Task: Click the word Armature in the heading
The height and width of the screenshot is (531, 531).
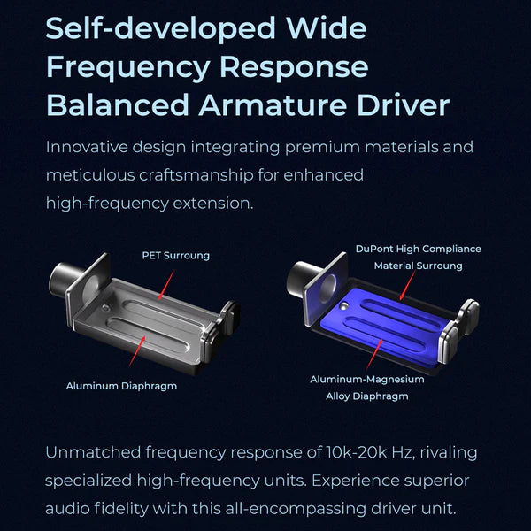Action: pos(273,104)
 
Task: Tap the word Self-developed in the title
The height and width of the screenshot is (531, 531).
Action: pos(160,28)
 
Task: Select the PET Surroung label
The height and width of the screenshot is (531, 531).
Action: pos(176,256)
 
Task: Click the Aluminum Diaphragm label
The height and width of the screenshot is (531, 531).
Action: pos(121,386)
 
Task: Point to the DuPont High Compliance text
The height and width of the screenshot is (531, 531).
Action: pos(419,249)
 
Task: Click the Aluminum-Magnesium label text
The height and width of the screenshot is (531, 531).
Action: pos(367,380)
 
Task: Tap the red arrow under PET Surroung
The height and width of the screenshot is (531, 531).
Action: pos(166,285)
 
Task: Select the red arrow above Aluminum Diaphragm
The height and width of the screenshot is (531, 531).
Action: pos(137,350)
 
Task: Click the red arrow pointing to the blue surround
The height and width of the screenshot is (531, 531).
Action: pos(407,285)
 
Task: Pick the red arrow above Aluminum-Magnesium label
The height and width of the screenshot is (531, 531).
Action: pos(375,354)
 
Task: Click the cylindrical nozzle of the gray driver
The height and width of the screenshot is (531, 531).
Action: pos(65,280)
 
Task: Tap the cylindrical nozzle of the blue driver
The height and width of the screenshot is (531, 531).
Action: pos(303,279)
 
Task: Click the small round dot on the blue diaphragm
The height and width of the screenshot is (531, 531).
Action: pos(345,306)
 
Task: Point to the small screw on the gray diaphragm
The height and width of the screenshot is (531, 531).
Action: pos(106,307)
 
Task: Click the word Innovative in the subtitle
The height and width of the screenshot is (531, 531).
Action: pos(87,147)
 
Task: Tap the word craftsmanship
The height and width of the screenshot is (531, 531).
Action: pos(196,175)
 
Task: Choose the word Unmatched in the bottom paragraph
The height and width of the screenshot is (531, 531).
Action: pos(93,452)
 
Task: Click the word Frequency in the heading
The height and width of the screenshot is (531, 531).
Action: pos(128,67)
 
